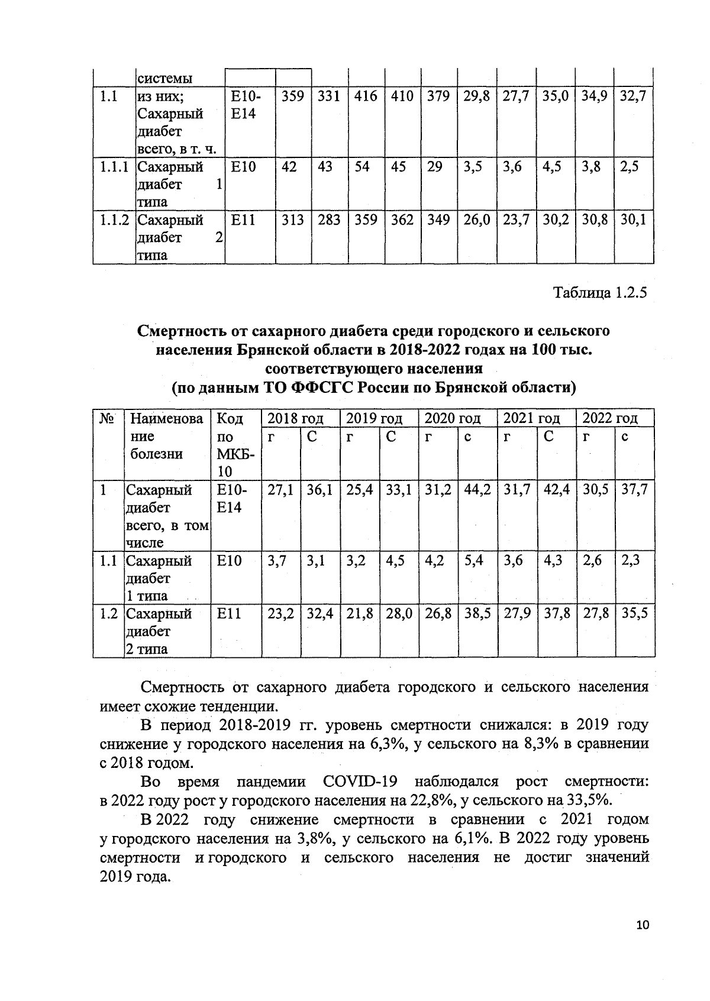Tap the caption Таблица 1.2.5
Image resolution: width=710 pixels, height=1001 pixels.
(600, 293)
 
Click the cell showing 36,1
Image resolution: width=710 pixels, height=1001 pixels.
(319, 490)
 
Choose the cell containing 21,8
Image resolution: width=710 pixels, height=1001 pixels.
(359, 613)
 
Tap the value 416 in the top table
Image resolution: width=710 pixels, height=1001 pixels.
(366, 96)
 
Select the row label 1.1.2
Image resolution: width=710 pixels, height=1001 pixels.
(114, 220)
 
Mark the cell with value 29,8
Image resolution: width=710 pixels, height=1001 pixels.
(476, 96)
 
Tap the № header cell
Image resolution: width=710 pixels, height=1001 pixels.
(106, 419)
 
